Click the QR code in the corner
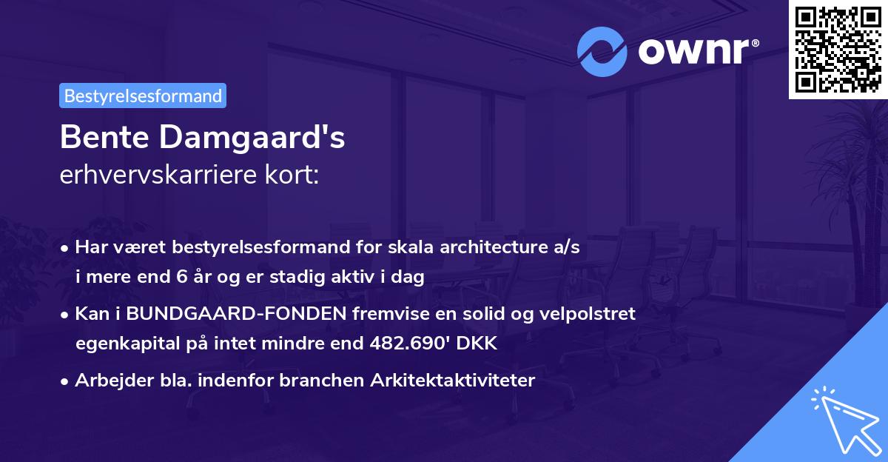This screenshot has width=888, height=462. [838, 50]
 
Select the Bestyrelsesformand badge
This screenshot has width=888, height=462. [143, 96]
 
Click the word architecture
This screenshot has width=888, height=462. [469, 248]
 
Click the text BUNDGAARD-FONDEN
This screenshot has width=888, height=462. [236, 314]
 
